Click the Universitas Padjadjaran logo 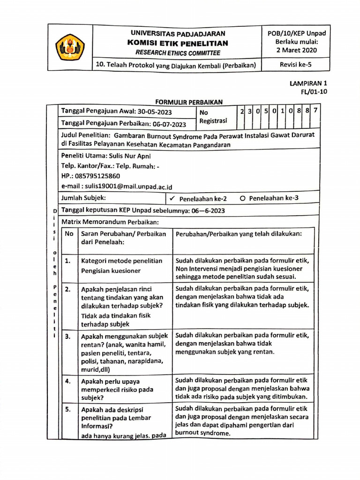point(69,47)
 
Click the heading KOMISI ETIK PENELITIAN point(178,43)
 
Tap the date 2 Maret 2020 point(296,50)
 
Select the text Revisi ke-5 point(296,65)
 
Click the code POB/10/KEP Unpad point(296,33)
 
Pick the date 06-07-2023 point(168,124)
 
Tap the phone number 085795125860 point(97,176)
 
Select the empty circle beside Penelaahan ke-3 point(242,198)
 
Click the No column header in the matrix point(69,233)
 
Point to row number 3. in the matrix point(68,336)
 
